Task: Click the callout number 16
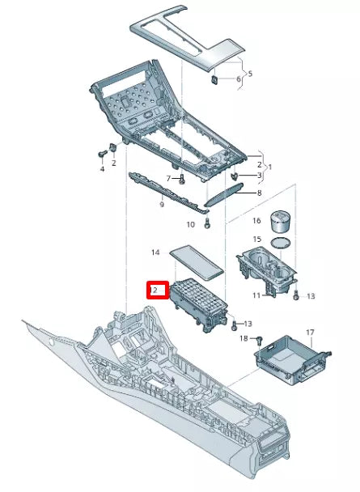pyautogui.click(x=256, y=219)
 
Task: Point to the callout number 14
pyautogui.click(x=156, y=253)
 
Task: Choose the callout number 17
pyautogui.click(x=309, y=332)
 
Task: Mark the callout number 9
pyautogui.click(x=163, y=206)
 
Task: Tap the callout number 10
pyautogui.click(x=191, y=224)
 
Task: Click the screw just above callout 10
pyautogui.click(x=208, y=221)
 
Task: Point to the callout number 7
pyautogui.click(x=169, y=178)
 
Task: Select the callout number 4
pyautogui.click(x=102, y=169)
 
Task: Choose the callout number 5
pyautogui.click(x=250, y=74)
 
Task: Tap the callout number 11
pyautogui.click(x=257, y=295)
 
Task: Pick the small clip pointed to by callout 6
pyautogui.click(x=215, y=79)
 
